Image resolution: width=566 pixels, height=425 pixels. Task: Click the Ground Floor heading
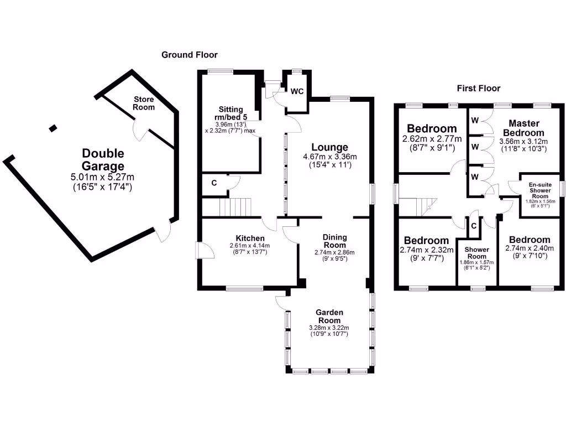pyautogui.click(x=189, y=55)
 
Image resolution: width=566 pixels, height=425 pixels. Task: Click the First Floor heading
pyautogui.click(x=478, y=88)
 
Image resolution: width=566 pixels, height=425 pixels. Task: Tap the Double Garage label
pyautogui.click(x=103, y=159)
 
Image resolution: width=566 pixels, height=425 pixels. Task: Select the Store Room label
pyautogui.click(x=143, y=103)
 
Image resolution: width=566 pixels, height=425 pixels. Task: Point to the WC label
pyautogui.click(x=297, y=91)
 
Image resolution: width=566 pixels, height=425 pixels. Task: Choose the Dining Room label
pyautogui.click(x=335, y=241)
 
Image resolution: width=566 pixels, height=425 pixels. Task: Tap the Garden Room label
pyautogui.click(x=329, y=316)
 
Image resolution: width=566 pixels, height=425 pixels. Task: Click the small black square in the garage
pyautogui.click(x=53, y=128)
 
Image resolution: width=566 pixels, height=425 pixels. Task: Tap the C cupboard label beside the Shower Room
pyautogui.click(x=473, y=226)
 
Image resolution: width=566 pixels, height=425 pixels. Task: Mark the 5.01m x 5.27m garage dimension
pyautogui.click(x=103, y=177)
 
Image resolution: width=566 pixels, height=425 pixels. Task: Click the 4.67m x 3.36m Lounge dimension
pyautogui.click(x=331, y=157)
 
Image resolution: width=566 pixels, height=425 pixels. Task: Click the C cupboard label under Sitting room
pyautogui.click(x=213, y=182)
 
